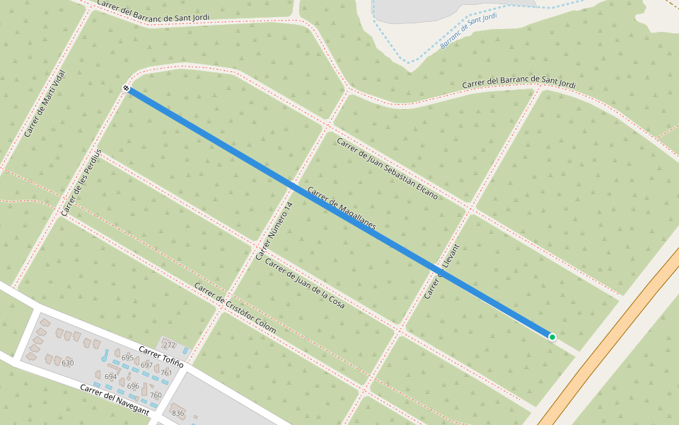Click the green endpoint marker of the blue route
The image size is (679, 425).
tap(552, 337)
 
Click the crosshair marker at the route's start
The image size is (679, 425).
tap(126, 89)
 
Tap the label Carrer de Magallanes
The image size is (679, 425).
tap(342, 208)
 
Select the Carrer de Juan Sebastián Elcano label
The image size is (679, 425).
tap(387, 168)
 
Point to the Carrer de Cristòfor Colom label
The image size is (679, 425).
tap(235, 309)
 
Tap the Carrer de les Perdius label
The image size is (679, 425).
tap(81, 182)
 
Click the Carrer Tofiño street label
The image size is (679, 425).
tap(161, 356)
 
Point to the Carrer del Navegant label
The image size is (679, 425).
tap(115, 399)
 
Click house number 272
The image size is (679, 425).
tap(169, 345)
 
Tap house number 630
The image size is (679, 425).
tap(68, 363)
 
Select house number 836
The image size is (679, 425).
tap(178, 414)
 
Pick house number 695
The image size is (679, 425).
tap(127, 358)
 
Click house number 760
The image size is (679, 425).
tap(156, 395)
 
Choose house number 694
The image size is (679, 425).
tap(110, 377)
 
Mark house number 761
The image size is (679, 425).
tap(166, 373)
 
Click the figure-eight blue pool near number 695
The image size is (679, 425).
tap(106, 354)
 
